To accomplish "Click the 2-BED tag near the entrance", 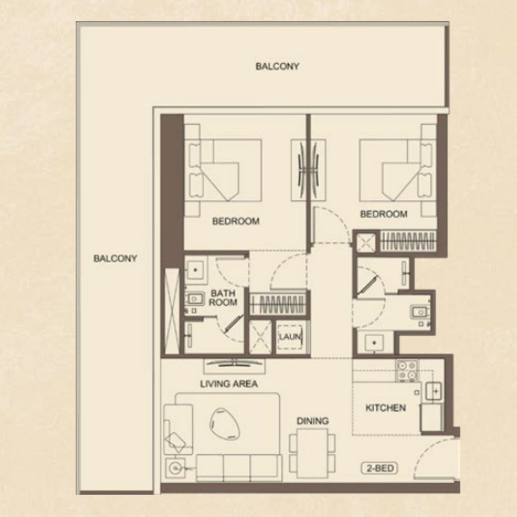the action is point(379,468).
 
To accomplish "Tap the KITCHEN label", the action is point(385,408).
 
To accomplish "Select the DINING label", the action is point(313,421).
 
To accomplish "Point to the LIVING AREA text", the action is point(229,384).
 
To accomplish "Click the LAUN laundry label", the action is point(290,337).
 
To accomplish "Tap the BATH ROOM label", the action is point(223,298).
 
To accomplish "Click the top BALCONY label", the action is point(277,67).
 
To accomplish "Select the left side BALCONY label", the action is point(115,258).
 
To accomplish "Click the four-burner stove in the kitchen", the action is point(407,370).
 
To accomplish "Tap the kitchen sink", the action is point(434,392).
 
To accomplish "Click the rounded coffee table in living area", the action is point(224,424).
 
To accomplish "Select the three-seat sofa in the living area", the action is point(239,467).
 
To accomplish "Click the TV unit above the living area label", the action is point(234,366).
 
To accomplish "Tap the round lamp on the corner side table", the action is point(174,467).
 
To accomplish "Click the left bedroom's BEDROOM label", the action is point(236,221).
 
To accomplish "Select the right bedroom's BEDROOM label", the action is point(383,214).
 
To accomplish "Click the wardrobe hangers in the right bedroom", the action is point(408,241).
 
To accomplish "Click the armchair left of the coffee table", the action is point(178,428).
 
